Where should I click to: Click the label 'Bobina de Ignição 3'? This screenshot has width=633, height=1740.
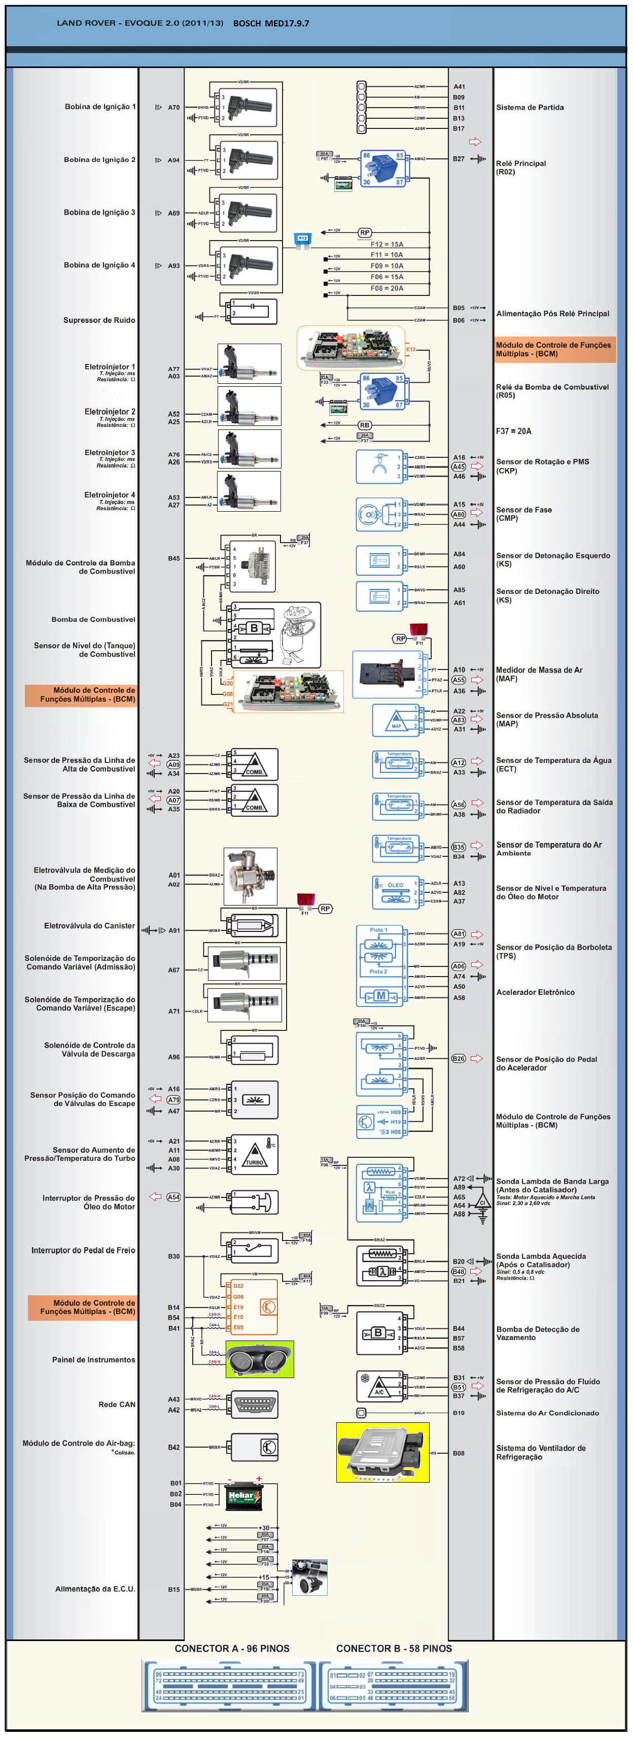tap(99, 212)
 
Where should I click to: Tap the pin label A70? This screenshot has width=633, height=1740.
tap(173, 108)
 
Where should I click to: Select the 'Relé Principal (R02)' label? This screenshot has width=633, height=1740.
tap(520, 168)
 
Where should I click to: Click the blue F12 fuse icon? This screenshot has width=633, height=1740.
tap(302, 239)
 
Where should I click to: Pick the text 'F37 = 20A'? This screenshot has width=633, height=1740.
tap(514, 431)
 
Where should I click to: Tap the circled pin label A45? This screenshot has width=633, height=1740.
tap(459, 467)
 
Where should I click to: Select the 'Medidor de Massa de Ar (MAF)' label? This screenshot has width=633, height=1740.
tap(539, 674)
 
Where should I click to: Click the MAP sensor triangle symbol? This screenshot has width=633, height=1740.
tap(396, 723)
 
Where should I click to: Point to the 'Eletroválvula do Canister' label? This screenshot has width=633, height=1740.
tap(89, 925)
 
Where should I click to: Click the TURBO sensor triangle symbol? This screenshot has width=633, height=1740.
tap(255, 1156)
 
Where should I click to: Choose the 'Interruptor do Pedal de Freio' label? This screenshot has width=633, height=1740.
tap(83, 1250)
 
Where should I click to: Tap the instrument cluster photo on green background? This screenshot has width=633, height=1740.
tap(260, 1359)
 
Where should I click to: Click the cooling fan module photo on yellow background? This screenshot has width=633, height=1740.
tap(382, 1452)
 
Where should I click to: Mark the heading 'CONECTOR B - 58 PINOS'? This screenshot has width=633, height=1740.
tap(394, 1648)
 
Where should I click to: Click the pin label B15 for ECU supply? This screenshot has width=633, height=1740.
tap(173, 1589)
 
